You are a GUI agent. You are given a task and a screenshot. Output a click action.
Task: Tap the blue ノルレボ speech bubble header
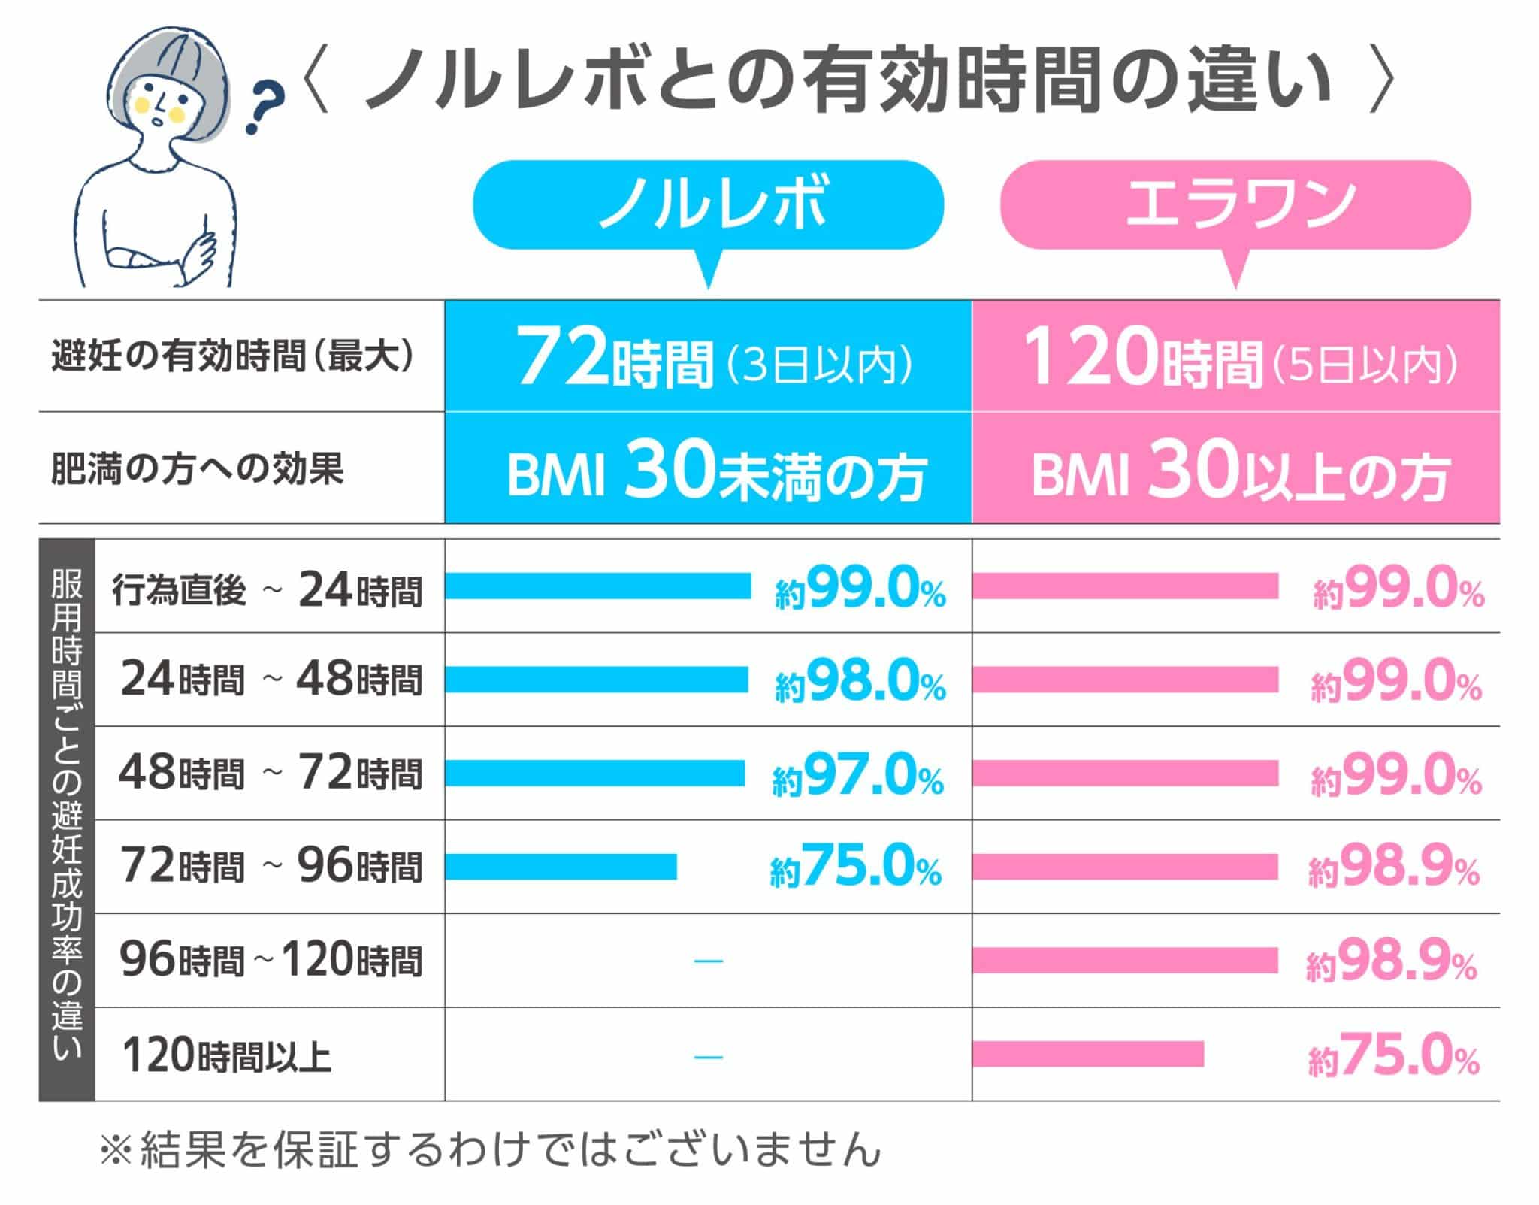(x=708, y=204)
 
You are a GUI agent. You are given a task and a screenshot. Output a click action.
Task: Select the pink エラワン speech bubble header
(x=1235, y=204)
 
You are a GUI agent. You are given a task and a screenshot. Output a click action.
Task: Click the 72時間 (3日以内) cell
(x=708, y=356)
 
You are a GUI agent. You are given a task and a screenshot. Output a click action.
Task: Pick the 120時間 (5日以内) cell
(x=1235, y=356)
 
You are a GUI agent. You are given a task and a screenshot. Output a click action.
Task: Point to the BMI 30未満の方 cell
(x=708, y=468)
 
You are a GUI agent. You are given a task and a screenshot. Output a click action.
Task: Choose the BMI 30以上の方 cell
(x=1235, y=468)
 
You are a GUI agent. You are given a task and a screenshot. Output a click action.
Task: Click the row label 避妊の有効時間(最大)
(x=233, y=356)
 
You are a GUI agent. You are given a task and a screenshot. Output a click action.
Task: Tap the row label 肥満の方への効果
(x=197, y=468)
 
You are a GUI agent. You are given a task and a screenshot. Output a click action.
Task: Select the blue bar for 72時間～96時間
(x=561, y=867)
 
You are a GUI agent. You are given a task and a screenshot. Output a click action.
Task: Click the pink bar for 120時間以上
(x=1087, y=1054)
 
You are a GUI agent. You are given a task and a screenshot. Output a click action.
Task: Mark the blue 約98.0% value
(x=860, y=680)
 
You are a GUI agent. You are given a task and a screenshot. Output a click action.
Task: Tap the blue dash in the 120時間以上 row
(x=708, y=1055)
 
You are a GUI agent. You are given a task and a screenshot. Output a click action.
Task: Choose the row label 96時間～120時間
(x=271, y=961)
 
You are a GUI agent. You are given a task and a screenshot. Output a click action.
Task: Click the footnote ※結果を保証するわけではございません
(x=490, y=1150)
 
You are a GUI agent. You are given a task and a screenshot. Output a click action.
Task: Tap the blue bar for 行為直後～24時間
(x=598, y=586)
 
